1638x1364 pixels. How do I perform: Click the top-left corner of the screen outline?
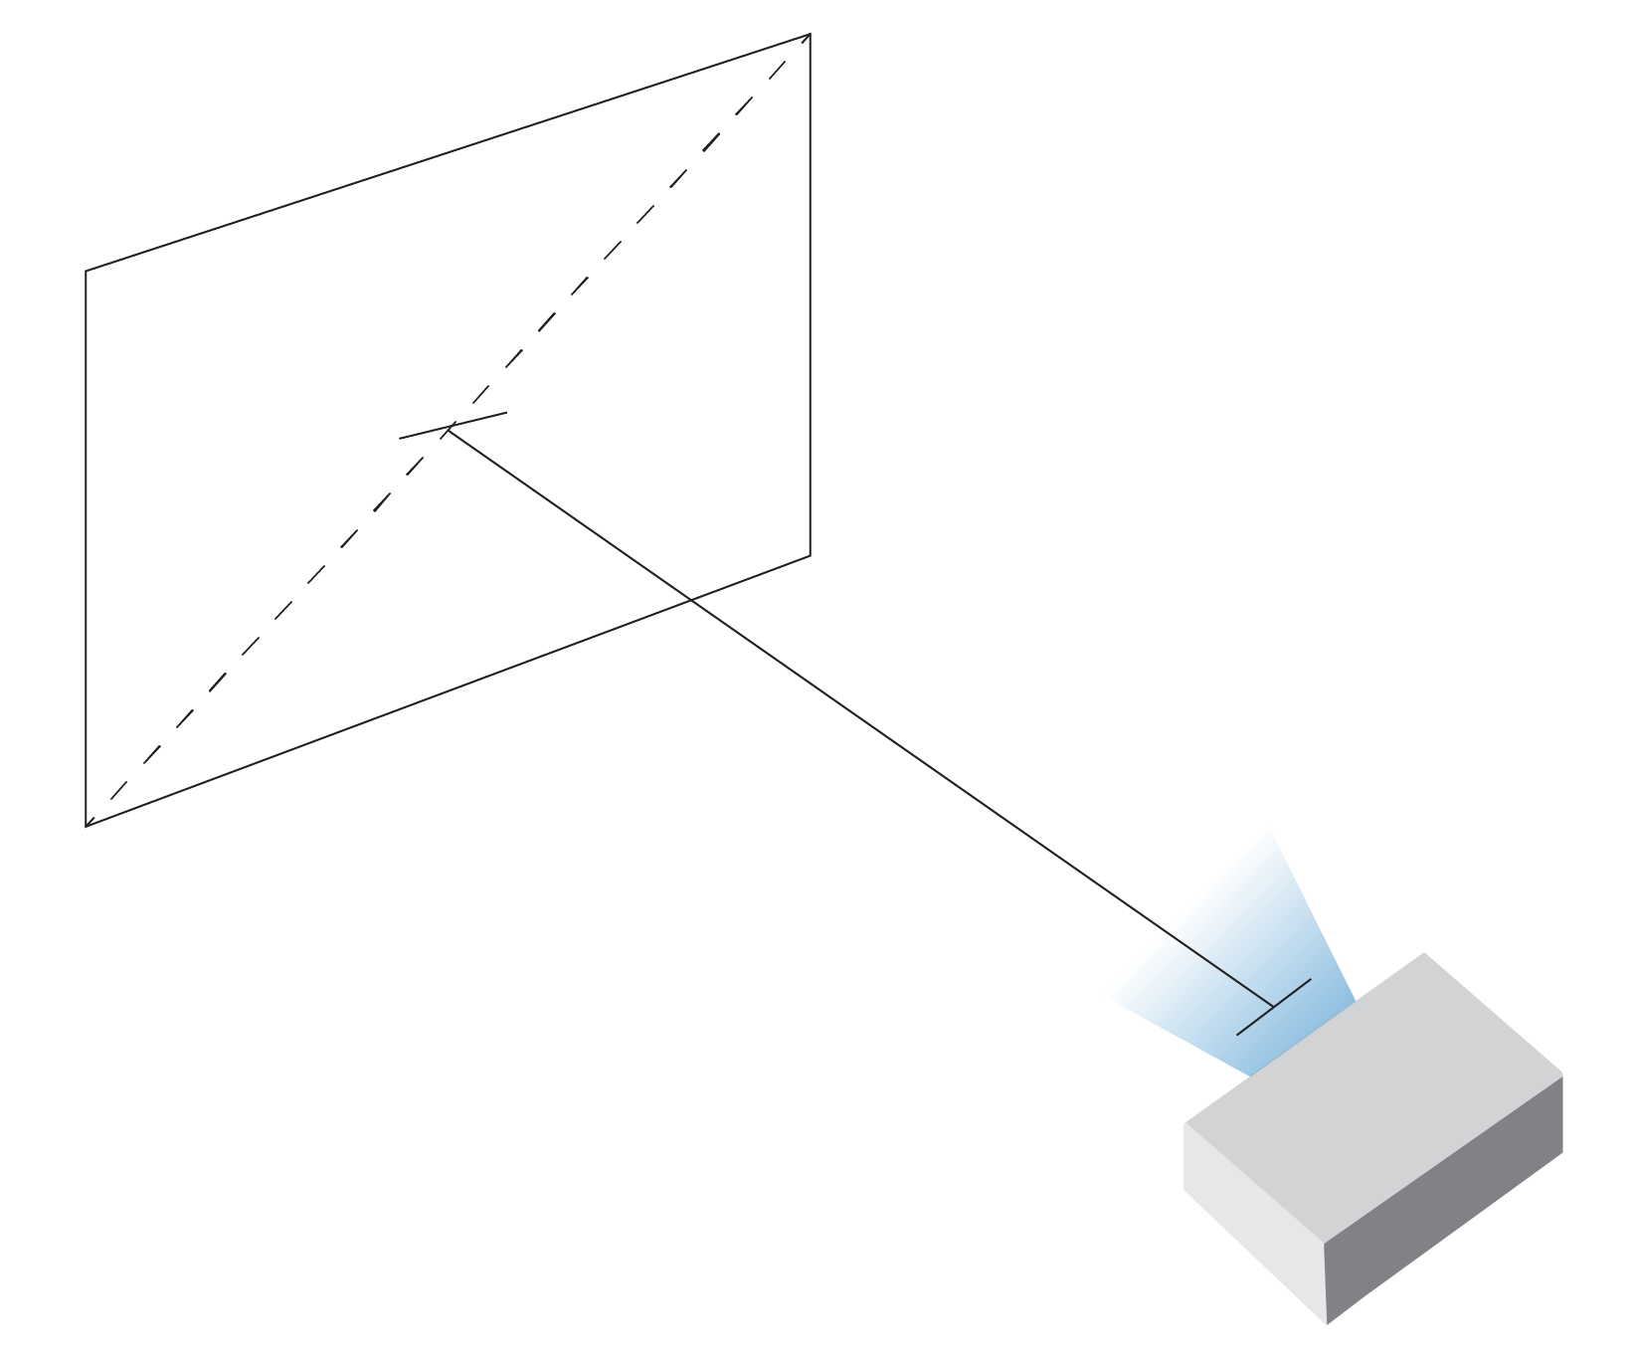[x=87, y=271]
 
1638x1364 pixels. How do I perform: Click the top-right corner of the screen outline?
[x=810, y=35]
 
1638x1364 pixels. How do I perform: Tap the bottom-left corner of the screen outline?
[x=87, y=826]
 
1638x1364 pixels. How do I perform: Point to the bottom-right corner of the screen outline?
[x=810, y=555]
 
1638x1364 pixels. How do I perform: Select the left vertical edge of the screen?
[x=87, y=547]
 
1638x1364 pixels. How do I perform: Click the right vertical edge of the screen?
[x=810, y=298]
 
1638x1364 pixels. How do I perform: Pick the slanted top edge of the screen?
[x=448, y=153]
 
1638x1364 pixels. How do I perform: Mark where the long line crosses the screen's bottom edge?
[x=690, y=600]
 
